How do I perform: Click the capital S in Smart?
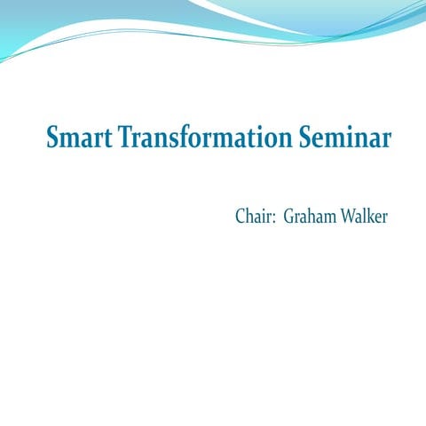click(52, 139)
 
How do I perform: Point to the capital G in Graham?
click(289, 217)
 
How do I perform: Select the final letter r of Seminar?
click(387, 142)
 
